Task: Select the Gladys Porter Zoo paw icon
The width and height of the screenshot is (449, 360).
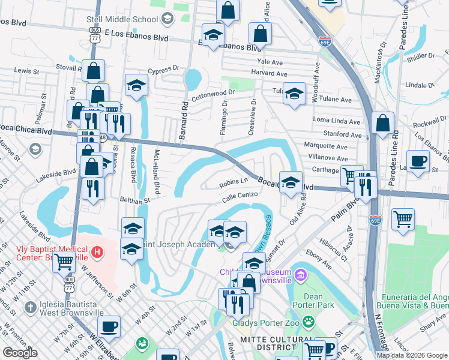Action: pyautogui.click(x=309, y=322)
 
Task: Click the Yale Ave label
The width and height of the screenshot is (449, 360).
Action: pyautogui.click(x=270, y=62)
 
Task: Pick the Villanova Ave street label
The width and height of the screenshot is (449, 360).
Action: pyautogui.click(x=325, y=157)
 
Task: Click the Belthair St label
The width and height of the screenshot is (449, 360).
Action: pyautogui.click(x=134, y=200)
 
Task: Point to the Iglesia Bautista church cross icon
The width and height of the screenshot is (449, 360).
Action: pyautogui.click(x=30, y=308)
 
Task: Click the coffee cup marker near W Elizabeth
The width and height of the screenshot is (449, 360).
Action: pyautogui.click(x=108, y=327)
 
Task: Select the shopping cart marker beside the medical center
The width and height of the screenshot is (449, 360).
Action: pyautogui.click(x=64, y=261)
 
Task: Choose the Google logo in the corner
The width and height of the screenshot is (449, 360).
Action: pyautogui.click(x=20, y=353)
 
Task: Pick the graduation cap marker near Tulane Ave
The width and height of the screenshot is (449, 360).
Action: pyautogui.click(x=294, y=93)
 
